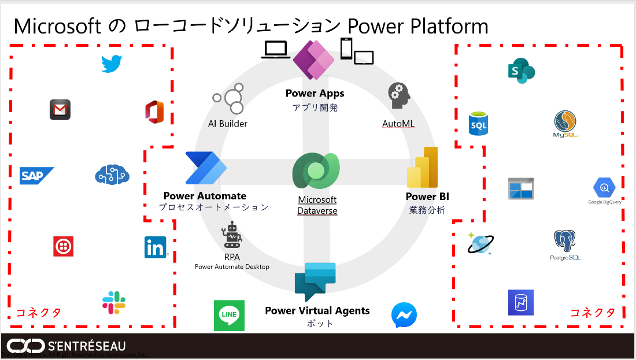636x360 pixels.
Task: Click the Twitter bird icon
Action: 112,64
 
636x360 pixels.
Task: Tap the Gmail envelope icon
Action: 60,110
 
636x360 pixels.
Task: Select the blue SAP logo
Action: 36,176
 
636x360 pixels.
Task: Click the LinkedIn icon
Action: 156,247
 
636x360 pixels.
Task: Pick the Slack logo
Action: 114,303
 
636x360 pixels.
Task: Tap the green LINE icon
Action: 229,316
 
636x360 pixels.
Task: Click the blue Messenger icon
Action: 404,316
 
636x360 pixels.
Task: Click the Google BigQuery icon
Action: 604,188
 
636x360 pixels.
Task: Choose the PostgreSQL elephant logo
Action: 565,243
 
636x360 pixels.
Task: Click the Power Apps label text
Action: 315,94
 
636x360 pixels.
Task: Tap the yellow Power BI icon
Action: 423,168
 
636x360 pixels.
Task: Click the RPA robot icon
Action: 232,235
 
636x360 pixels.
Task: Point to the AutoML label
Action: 398,124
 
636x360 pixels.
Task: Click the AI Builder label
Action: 228,124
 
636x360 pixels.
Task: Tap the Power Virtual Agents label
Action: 317,311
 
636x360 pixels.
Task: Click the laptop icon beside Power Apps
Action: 276,50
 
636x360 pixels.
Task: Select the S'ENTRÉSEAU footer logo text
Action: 87,346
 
